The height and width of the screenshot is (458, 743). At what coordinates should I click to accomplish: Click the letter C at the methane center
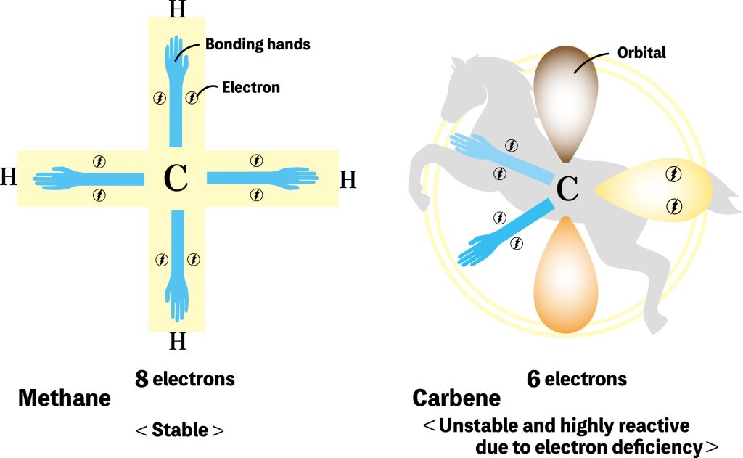(x=176, y=178)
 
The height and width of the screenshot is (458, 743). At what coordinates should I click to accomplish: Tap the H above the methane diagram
(x=176, y=9)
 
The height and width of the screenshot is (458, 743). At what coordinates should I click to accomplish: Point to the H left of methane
(x=8, y=177)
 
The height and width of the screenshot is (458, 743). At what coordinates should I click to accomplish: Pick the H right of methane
(x=348, y=179)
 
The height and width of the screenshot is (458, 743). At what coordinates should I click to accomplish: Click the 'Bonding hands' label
(x=258, y=44)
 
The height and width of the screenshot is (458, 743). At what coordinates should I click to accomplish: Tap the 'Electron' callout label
(x=251, y=88)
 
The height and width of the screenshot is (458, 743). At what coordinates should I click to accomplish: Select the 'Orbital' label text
(x=641, y=53)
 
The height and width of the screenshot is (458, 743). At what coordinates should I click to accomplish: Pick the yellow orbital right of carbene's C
(x=660, y=190)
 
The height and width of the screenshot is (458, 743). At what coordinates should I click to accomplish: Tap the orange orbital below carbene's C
(x=567, y=279)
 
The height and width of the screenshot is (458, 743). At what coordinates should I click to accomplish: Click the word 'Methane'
(x=65, y=398)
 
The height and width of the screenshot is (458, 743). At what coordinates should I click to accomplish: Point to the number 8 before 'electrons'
(x=142, y=379)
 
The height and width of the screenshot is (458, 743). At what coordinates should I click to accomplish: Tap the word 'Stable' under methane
(x=180, y=430)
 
